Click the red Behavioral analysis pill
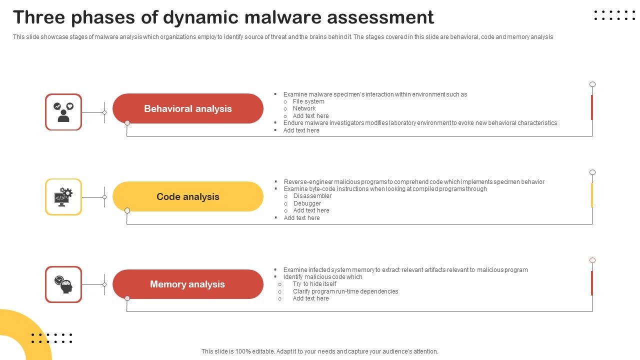188,108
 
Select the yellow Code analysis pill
188,196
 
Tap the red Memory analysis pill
188,284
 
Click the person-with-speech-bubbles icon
63,112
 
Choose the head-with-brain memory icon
63,284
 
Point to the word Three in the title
39,17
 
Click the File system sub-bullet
308,101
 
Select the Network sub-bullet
304,108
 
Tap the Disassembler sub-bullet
312,196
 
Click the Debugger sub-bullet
307,203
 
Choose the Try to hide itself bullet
314,284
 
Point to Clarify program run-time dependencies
345,291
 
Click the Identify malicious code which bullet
322,277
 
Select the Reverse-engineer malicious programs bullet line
414,182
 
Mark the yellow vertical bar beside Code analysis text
592,195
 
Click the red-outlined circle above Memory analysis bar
592,260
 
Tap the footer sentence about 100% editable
320,351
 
